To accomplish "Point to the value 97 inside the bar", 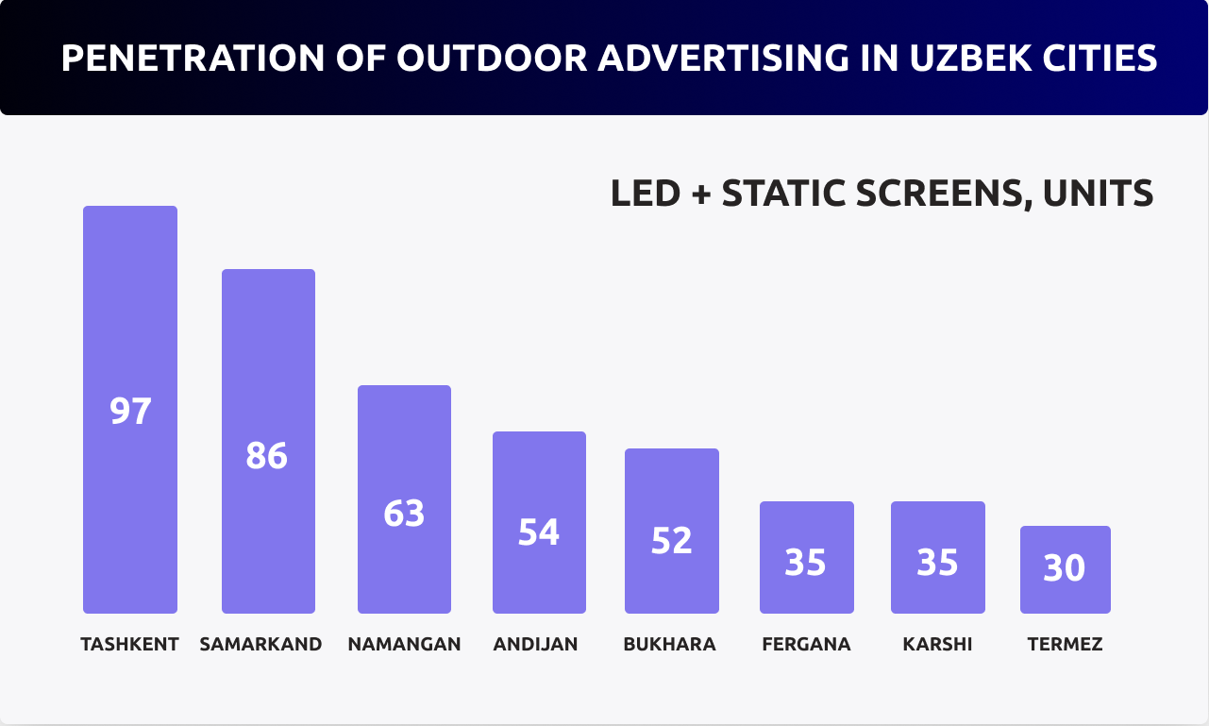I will pos(130,412).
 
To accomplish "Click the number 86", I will pos(266,456).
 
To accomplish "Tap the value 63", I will pos(404,514).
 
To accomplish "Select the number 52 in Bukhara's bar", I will pos(671,540).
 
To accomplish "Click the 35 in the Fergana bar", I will pos(806,563).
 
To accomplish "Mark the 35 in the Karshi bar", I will pos(937,563).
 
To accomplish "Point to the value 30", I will pos(1064,568).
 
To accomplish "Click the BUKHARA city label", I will pos(669,645).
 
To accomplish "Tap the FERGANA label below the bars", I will pos(806,645).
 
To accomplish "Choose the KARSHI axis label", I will pos(937,645).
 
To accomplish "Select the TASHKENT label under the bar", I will pos(129,645).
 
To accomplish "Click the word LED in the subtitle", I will pos(645,194).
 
